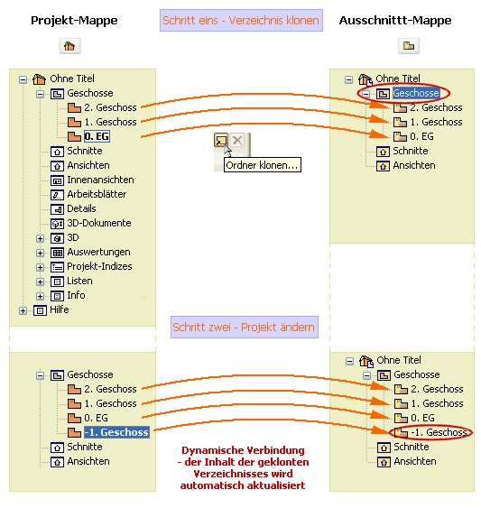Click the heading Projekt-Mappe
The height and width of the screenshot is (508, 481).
pyautogui.click(x=73, y=20)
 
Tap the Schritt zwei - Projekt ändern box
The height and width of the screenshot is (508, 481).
pyautogui.click(x=244, y=327)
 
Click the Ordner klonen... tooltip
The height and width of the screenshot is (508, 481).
pyautogui.click(x=262, y=164)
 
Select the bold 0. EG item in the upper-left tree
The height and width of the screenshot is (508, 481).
pyautogui.click(x=96, y=136)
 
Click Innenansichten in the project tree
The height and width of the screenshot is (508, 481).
pyautogui.click(x=100, y=180)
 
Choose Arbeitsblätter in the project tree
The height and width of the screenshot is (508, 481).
pyautogui.click(x=97, y=194)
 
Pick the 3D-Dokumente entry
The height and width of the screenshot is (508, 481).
pyautogui.click(x=98, y=223)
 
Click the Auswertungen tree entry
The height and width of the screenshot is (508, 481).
pyautogui.click(x=98, y=252)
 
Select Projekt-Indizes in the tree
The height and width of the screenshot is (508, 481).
pyautogui.click(x=99, y=266)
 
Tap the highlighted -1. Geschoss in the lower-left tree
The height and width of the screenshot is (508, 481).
pyautogui.click(x=116, y=432)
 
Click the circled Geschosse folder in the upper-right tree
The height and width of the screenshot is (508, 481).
pyautogui.click(x=416, y=93)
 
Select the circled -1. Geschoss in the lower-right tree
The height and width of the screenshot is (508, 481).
pyautogui.click(x=436, y=432)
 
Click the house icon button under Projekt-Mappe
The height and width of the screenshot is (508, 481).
pyautogui.click(x=69, y=45)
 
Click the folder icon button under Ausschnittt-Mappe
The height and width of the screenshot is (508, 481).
pyautogui.click(x=409, y=45)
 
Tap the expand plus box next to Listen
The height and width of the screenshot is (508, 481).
pyautogui.click(x=41, y=281)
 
